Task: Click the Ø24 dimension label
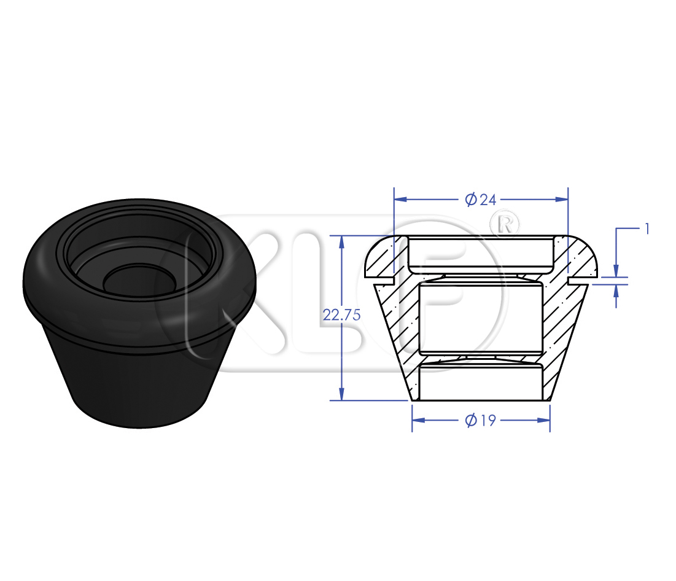(x=481, y=200)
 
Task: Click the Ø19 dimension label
(x=481, y=420)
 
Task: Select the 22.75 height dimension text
(x=341, y=315)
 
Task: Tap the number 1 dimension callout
(x=647, y=229)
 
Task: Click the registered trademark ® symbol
(x=505, y=224)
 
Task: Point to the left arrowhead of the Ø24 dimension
(x=401, y=199)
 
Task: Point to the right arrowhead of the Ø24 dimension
(x=562, y=199)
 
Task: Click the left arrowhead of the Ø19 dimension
(x=419, y=419)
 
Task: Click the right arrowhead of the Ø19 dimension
(x=543, y=419)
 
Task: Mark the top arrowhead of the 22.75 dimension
(x=341, y=243)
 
